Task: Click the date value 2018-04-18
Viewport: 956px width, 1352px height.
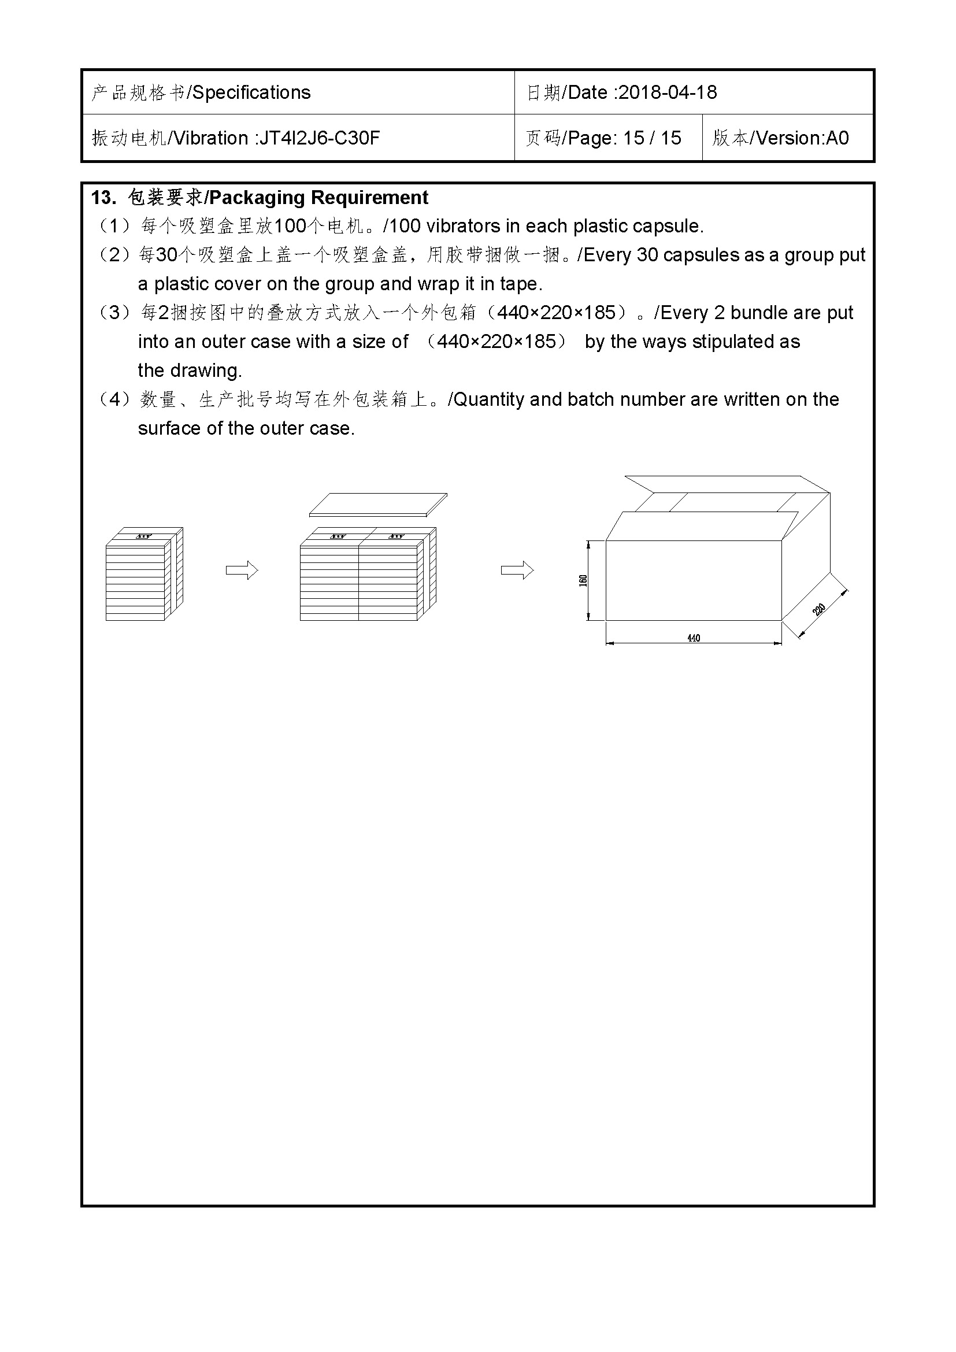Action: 668,92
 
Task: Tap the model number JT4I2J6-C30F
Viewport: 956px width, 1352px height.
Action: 320,138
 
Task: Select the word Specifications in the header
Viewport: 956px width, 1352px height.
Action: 251,92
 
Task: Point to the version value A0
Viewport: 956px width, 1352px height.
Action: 837,138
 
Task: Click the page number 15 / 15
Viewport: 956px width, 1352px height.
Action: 651,138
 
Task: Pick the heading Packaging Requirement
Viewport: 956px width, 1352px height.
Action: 318,198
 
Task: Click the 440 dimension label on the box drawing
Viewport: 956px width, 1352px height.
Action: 694,638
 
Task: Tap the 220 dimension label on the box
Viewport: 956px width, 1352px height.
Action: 818,610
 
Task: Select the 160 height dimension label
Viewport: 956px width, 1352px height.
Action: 583,580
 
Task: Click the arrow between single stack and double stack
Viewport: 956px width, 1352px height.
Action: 242,570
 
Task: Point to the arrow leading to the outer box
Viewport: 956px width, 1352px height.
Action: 517,570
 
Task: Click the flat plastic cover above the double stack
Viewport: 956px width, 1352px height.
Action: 378,505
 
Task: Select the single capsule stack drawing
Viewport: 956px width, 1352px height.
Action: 144,574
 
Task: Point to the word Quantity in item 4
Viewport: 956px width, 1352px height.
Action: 488,400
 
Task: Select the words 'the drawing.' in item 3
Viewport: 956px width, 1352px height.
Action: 190,371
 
